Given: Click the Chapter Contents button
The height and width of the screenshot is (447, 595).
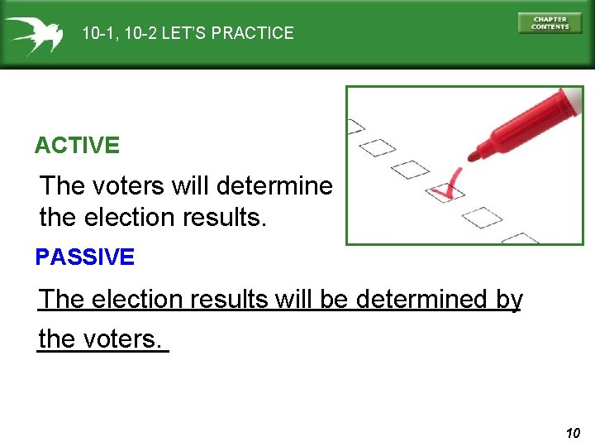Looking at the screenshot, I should point(550,23).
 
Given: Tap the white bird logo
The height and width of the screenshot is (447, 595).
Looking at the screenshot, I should point(33,34).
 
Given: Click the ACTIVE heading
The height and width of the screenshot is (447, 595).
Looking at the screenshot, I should point(77,147).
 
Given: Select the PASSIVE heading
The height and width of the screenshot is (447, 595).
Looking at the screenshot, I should point(84,257).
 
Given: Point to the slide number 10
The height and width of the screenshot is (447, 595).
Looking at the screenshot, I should point(574,433).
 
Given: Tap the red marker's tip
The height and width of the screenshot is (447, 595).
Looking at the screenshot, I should point(474,155).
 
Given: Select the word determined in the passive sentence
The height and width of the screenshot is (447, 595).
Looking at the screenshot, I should point(421,299).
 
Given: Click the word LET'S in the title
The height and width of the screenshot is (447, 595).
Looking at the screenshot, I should point(185,34).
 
